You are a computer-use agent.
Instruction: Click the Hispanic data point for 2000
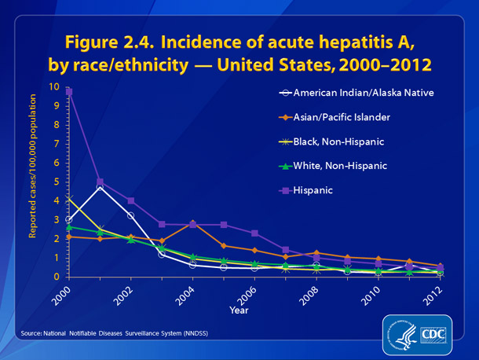click(69, 92)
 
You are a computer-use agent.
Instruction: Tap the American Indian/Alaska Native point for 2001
click(100, 187)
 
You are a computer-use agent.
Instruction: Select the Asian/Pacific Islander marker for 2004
click(193, 224)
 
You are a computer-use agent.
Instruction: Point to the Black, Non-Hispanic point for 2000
click(69, 200)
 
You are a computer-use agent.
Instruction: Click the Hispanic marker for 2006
click(255, 233)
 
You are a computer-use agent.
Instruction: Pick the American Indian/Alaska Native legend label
click(364, 93)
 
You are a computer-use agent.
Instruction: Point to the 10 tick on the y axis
click(53, 86)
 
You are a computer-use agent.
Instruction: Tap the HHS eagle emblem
click(397, 334)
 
